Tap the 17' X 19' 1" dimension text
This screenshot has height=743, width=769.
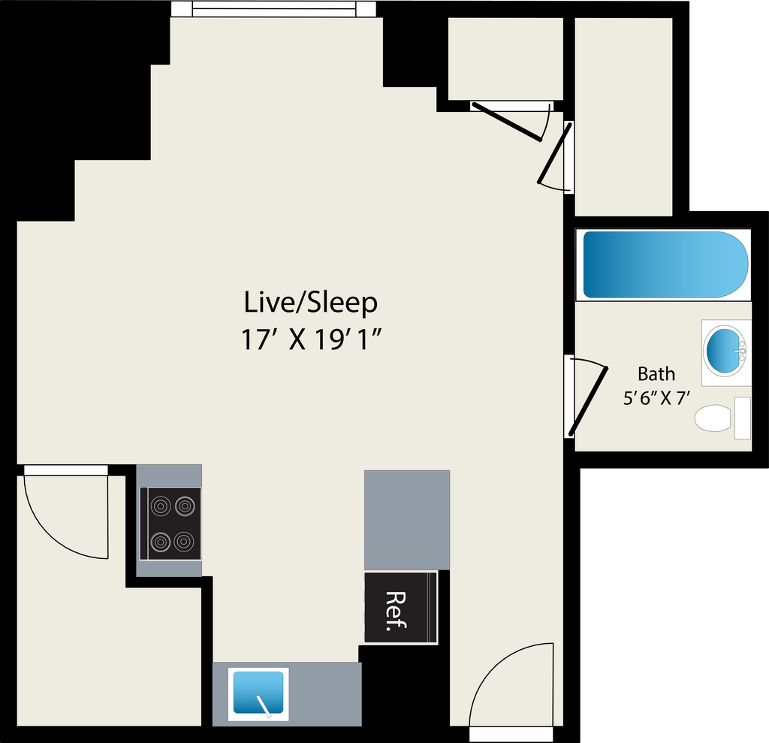(x=311, y=340)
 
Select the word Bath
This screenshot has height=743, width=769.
(x=656, y=374)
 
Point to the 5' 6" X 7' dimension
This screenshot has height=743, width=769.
(x=656, y=398)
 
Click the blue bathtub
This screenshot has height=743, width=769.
(x=665, y=264)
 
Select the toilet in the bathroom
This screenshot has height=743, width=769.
(x=722, y=418)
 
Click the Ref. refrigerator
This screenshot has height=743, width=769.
(x=401, y=607)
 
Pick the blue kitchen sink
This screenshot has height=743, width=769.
(x=258, y=692)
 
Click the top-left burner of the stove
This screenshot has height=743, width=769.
(x=161, y=506)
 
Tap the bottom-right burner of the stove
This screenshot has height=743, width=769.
(x=184, y=542)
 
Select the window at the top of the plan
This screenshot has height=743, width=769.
(x=273, y=9)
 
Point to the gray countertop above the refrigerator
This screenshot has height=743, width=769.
(x=407, y=520)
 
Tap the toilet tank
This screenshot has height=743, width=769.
(x=743, y=418)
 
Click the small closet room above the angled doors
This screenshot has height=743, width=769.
(x=505, y=59)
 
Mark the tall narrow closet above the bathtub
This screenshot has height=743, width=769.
(x=623, y=116)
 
